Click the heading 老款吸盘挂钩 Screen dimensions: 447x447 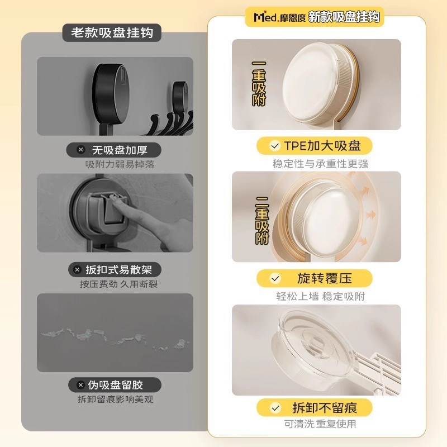(112, 33)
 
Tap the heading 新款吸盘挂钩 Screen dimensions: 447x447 (344, 17)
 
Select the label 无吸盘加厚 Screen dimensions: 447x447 (115, 150)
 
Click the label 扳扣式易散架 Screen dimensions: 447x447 (115, 269)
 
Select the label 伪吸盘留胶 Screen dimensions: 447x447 (115, 385)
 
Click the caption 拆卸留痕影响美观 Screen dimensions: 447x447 (115, 399)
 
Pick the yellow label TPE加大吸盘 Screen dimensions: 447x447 (316, 146)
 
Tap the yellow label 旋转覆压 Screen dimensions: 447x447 (316, 278)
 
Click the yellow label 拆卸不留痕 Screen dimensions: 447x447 (316, 407)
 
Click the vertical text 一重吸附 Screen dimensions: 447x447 (259, 83)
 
